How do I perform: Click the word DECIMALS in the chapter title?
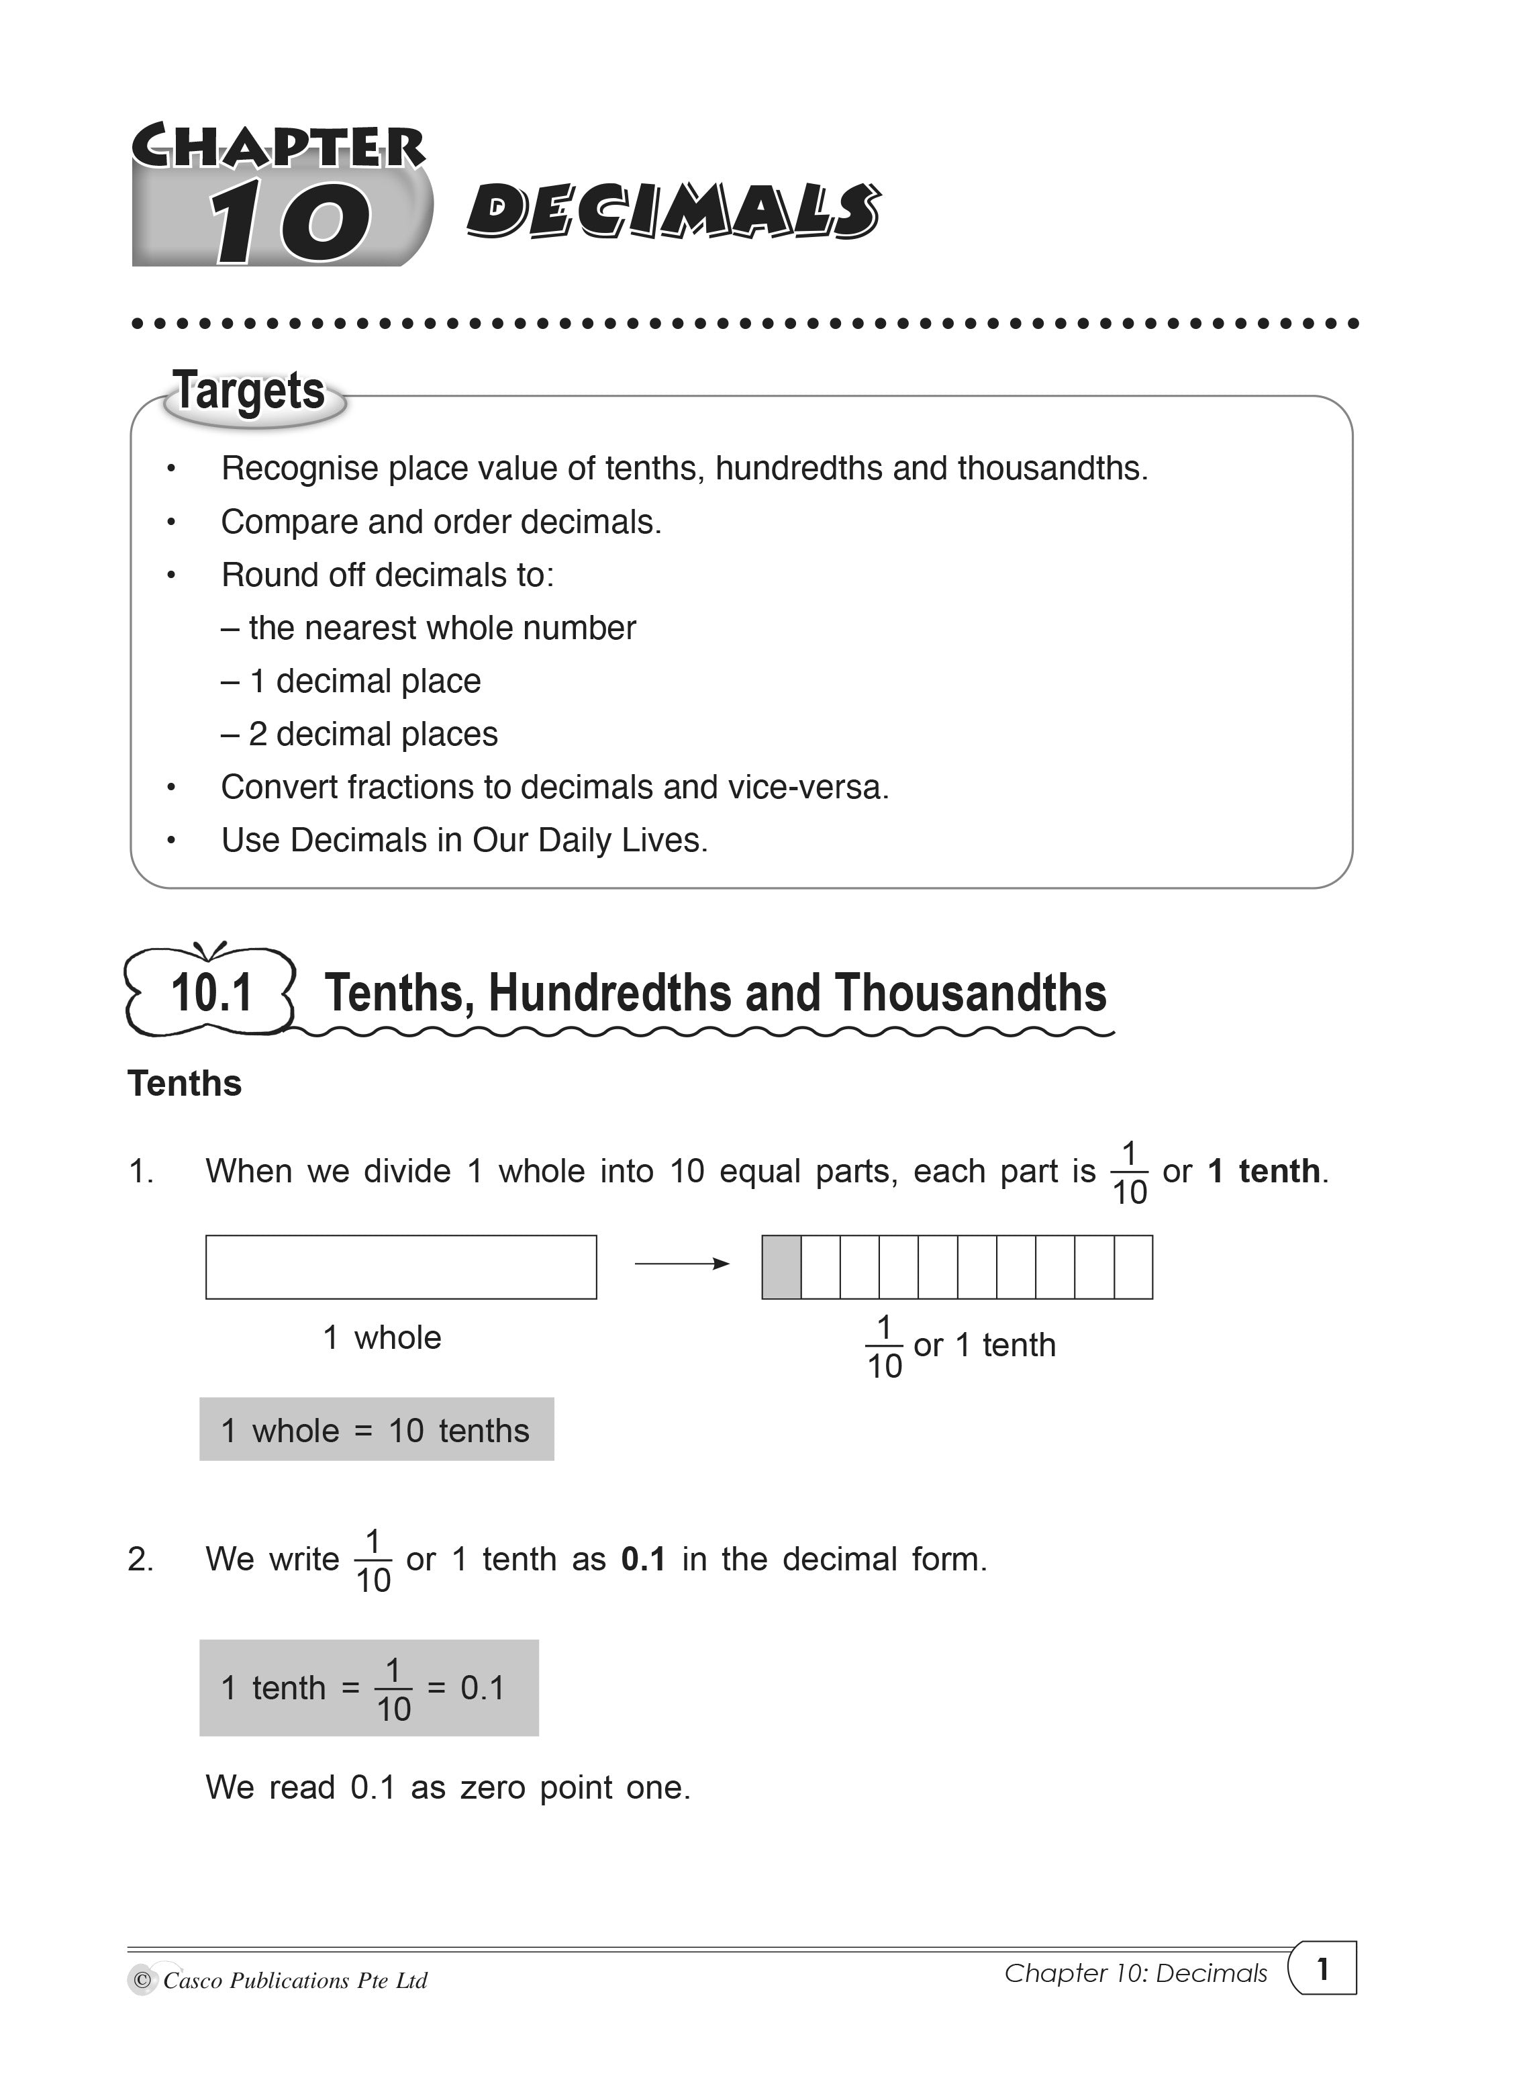[x=673, y=211]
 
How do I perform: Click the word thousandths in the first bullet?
[x=1051, y=469]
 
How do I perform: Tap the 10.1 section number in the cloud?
[x=211, y=993]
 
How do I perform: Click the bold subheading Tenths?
[x=185, y=1084]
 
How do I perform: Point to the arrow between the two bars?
[x=681, y=1264]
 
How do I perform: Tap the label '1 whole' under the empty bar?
[x=382, y=1338]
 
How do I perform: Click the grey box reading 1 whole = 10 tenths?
[x=376, y=1430]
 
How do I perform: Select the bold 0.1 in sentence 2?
[x=643, y=1560]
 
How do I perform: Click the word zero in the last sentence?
[x=493, y=1788]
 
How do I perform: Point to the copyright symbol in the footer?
[x=142, y=1981]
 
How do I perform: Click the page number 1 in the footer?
[x=1323, y=1969]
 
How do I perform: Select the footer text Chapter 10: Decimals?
[x=1136, y=1973]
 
